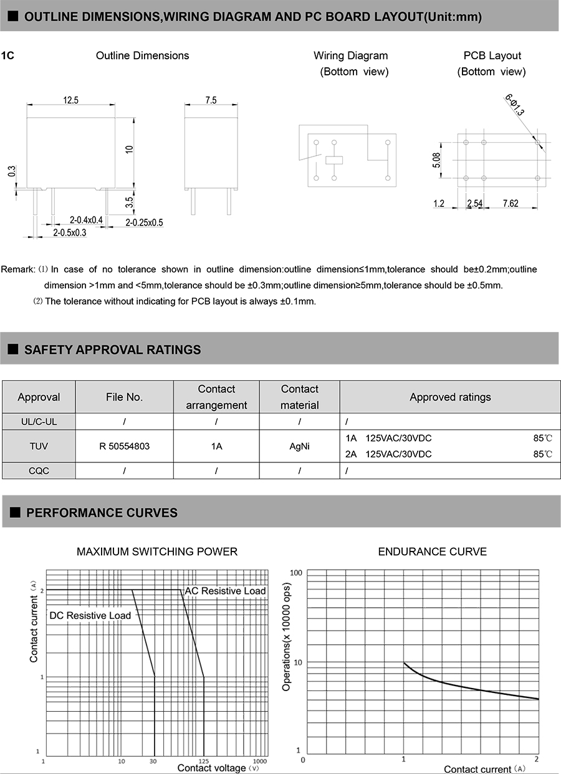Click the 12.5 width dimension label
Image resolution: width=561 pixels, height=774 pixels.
pos(70,100)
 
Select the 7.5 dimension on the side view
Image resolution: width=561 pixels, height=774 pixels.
pos(211,100)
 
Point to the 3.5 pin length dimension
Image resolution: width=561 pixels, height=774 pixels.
pos(129,202)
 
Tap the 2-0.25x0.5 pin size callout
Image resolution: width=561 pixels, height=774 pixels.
pos(144,222)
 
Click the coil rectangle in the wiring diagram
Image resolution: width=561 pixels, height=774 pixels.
pos(334,160)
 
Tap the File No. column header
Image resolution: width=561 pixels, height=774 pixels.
pos(125,397)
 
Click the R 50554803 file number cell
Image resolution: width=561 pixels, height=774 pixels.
pos(125,446)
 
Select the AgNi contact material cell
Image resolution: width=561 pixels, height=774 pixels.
pos(299,446)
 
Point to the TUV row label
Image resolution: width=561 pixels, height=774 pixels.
pos(39,446)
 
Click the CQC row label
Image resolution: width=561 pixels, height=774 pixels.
pos(39,471)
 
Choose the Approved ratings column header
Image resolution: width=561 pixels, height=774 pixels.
pos(450,397)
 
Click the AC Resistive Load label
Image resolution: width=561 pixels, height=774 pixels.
pos(225,591)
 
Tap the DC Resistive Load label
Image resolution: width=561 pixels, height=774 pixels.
pos(90,616)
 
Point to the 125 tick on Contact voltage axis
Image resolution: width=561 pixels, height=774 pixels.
pos(203,761)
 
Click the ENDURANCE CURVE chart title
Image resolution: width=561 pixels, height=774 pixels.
pos(432,552)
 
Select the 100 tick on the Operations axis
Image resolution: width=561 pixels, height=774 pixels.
pos(295,573)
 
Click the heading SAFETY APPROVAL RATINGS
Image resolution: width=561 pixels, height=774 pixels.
pos(112,350)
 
